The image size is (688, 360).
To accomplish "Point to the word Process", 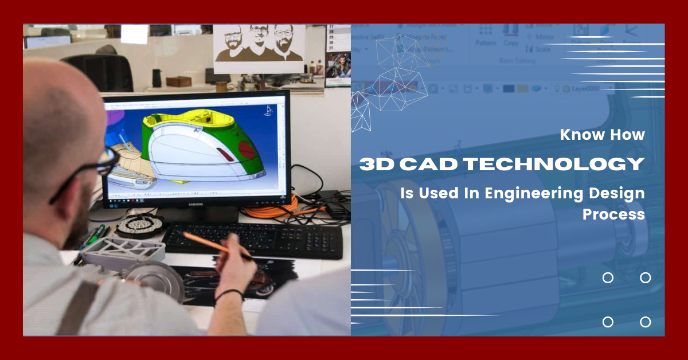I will coord(613,214).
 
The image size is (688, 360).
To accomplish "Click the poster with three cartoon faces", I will coord(259,48).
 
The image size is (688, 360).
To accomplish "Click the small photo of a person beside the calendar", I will coord(339,66).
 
